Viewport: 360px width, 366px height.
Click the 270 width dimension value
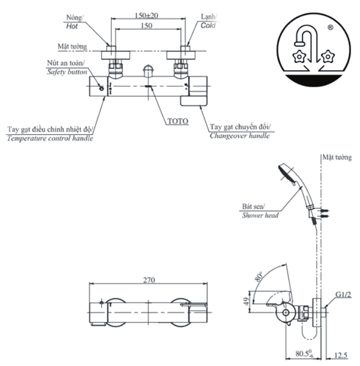click(x=149, y=280)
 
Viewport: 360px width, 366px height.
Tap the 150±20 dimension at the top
click(x=146, y=15)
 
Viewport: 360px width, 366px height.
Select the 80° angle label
click(x=258, y=277)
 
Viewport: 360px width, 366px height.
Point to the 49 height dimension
click(x=246, y=301)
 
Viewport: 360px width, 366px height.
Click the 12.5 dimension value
click(x=340, y=355)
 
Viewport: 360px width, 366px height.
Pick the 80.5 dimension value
click(x=304, y=354)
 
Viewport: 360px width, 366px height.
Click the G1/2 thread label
click(x=343, y=295)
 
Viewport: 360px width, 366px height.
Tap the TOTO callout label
click(x=177, y=121)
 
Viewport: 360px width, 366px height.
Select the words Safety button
click(x=67, y=72)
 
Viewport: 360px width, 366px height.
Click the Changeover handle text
click(x=240, y=136)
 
